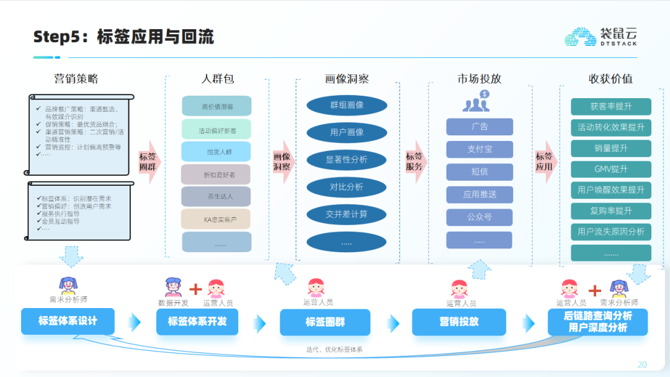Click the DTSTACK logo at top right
600,37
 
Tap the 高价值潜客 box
217,106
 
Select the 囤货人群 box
217,152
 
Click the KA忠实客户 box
217,219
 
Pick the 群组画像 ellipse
347,105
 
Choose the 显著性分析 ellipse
347,160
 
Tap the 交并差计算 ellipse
347,214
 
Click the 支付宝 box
480,149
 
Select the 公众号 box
480,217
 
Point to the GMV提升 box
611,169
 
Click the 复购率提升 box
611,211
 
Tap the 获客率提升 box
611,107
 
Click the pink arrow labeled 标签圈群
149,162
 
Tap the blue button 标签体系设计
68,321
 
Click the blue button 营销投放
458,322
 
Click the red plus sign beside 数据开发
195,289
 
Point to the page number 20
642,365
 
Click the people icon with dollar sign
476,101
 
